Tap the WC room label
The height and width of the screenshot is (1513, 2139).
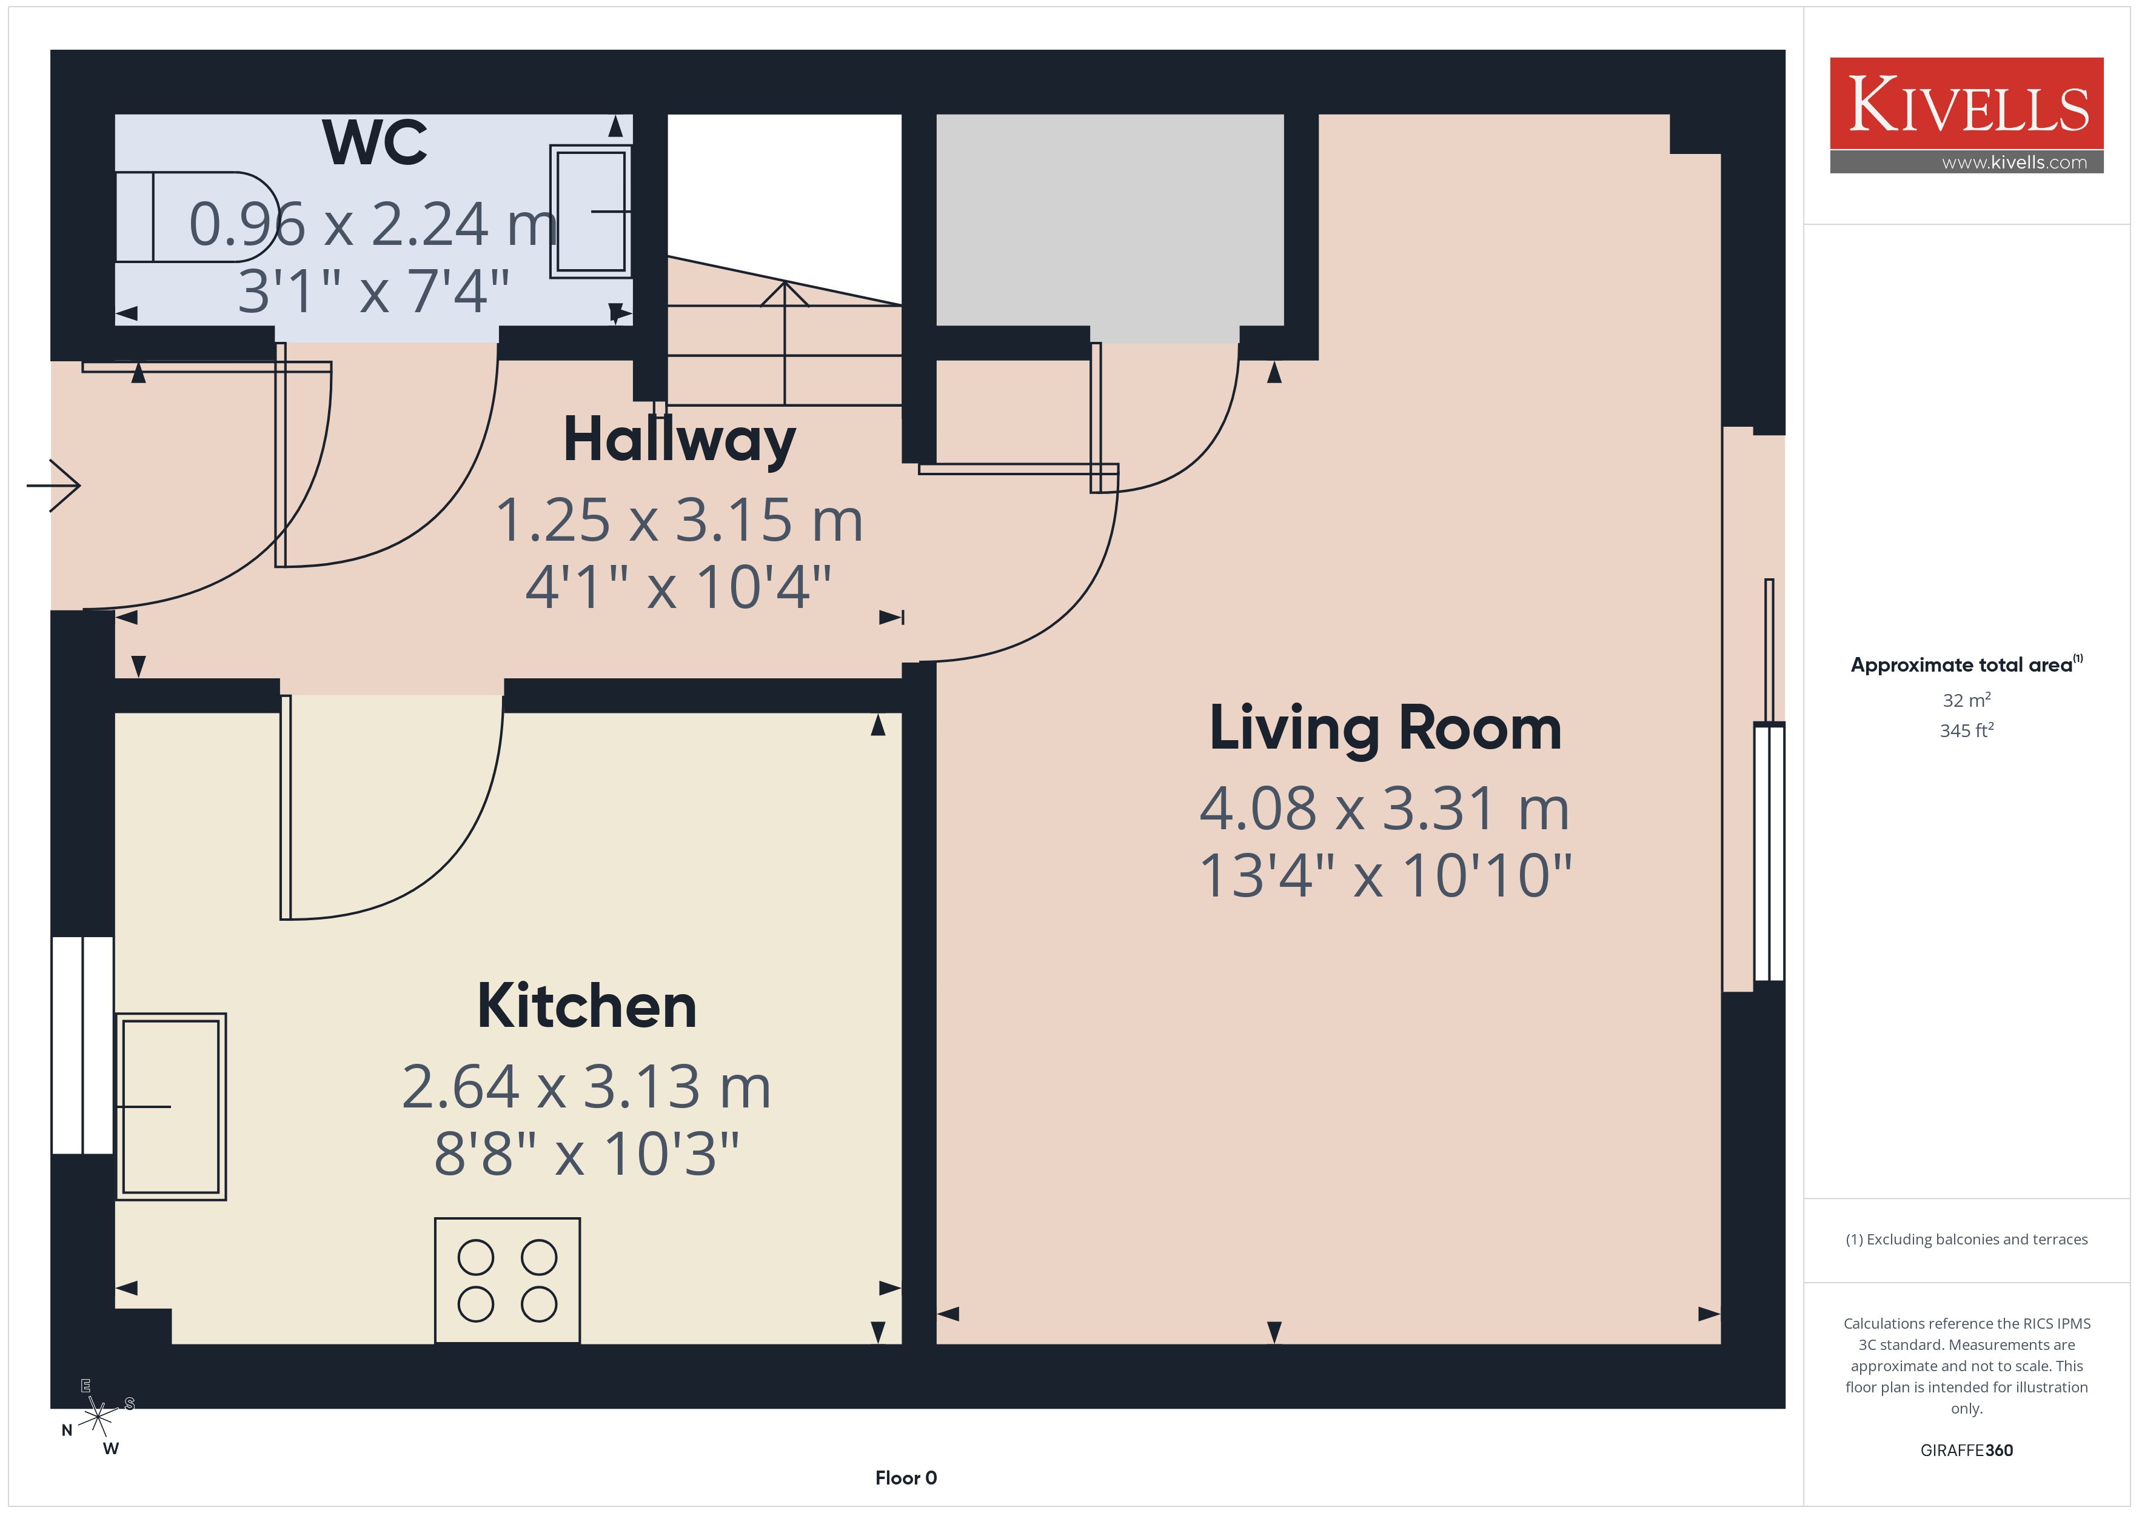[x=375, y=142]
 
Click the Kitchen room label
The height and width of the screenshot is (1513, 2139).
[x=587, y=1006]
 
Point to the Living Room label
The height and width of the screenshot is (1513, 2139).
[x=1385, y=729]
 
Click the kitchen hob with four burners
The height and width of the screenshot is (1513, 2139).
[x=507, y=1281]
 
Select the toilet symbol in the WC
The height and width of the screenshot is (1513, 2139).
[x=196, y=217]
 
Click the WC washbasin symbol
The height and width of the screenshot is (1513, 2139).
[x=591, y=212]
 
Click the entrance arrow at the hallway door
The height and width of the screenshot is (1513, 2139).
[x=53, y=486]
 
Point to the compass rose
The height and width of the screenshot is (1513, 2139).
[x=98, y=1418]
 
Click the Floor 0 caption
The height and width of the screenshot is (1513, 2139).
[x=906, y=1478]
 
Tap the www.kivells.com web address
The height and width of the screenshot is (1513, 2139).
[x=2014, y=162]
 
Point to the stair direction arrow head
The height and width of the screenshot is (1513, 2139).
[x=785, y=293]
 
